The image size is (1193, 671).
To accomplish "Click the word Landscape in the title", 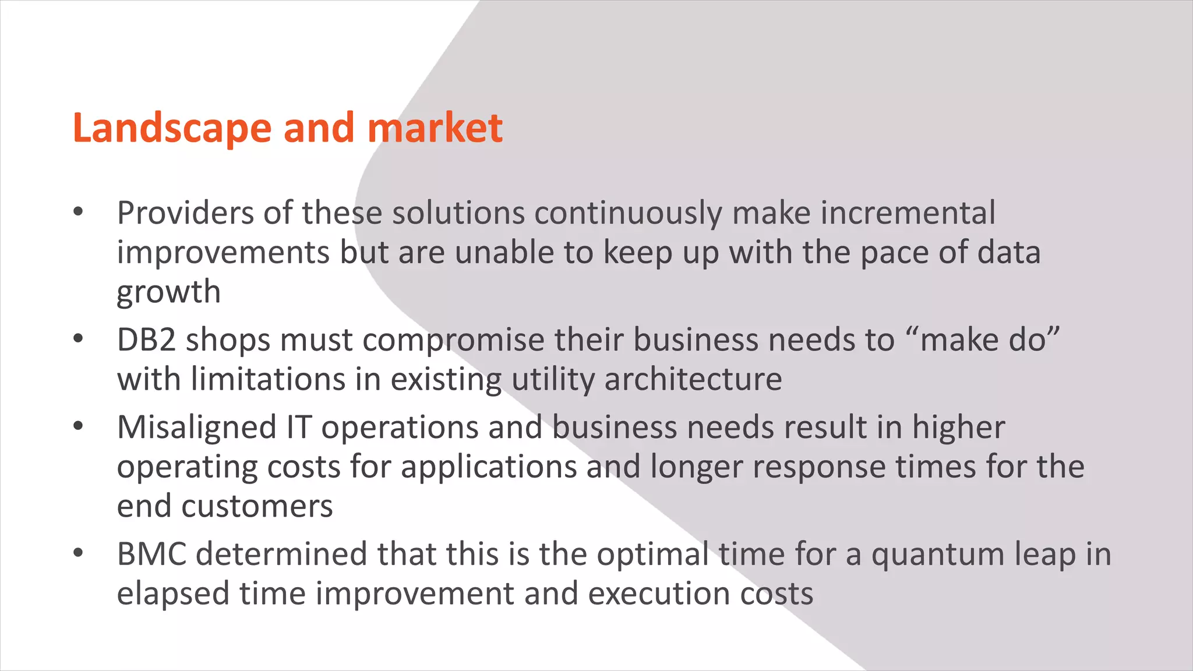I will coord(172,128).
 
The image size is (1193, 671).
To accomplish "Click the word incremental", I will coord(908,213).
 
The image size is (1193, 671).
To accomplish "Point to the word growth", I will coord(168,292).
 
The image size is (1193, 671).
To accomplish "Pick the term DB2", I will coord(146,340).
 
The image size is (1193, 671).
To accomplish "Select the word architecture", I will coord(693,380).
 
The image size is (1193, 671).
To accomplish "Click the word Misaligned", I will coord(196,428).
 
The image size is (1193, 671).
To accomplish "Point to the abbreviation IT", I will coord(298,428).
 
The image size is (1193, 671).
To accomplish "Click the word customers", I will coord(257,506).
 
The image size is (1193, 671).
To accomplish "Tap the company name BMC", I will coord(151,555).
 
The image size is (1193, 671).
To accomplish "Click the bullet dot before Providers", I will coord(79,213).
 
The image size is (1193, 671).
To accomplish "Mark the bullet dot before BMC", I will coord(79,553).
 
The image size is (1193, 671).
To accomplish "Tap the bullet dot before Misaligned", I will coord(79,427).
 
